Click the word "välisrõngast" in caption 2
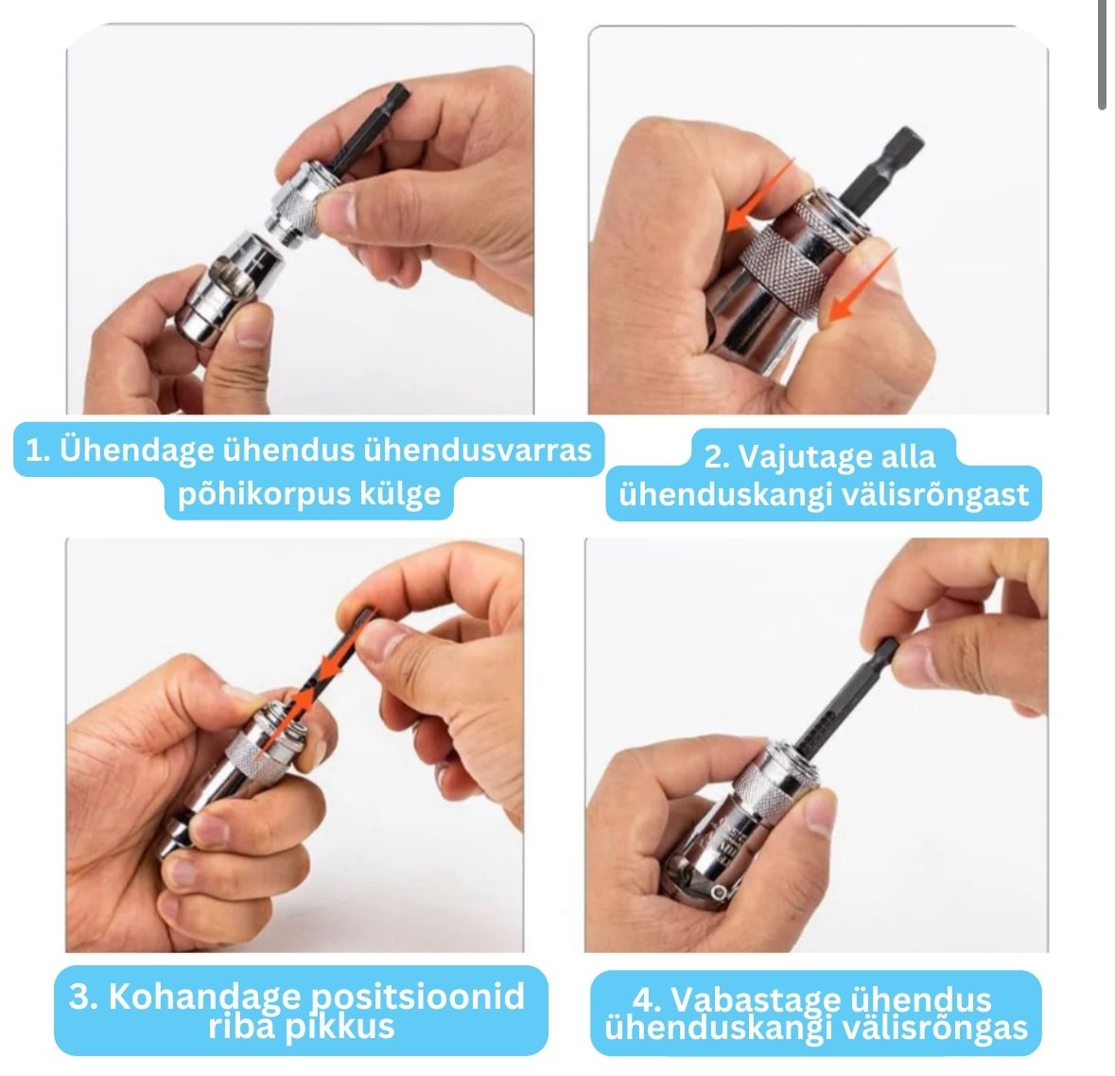click(935, 495)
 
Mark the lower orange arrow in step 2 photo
click(862, 285)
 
